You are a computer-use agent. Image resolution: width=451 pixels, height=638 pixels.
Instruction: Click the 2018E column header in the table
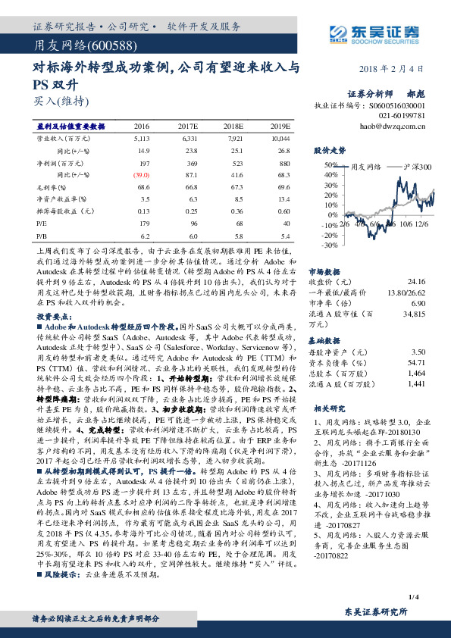pyautogui.click(x=233, y=127)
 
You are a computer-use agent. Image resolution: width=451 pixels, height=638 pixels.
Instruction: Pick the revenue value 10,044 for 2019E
pyautogui.click(x=280, y=139)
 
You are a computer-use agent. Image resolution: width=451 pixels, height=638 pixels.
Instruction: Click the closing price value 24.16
pyautogui.click(x=418, y=280)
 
